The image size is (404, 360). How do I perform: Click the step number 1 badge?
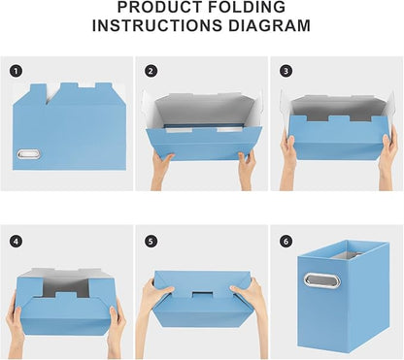point(16,71)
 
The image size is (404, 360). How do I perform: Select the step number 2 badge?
point(151,71)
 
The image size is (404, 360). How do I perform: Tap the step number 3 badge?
point(285,71)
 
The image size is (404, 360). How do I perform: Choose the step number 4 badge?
point(16,240)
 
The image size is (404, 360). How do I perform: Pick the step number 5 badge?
point(151,240)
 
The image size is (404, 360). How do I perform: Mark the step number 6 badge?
point(285,240)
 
